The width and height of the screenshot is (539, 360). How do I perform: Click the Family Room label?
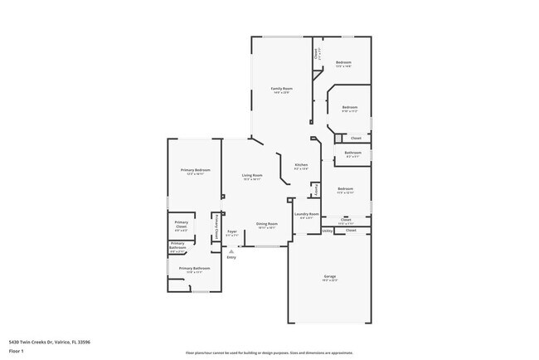point(282,89)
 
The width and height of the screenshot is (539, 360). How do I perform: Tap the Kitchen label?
point(301,164)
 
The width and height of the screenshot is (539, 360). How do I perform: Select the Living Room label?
point(252,175)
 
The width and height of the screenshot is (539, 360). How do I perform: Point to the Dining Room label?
point(266,224)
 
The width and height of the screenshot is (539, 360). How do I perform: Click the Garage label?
point(329,275)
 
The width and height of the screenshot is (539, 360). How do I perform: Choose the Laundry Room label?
point(307,214)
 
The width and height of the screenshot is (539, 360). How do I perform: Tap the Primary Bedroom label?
point(195,170)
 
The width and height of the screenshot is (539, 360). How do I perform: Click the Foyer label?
point(232,232)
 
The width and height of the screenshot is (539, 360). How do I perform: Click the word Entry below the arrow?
point(231,257)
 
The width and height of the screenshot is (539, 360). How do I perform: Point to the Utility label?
point(328,231)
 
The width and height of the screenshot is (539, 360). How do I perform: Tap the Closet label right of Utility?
point(351,230)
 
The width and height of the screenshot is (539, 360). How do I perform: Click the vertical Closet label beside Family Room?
point(316,54)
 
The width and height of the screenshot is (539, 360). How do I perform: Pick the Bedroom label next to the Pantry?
point(346,189)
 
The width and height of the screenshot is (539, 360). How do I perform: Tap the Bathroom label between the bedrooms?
point(352,152)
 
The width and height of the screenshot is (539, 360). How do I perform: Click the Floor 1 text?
point(17,351)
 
